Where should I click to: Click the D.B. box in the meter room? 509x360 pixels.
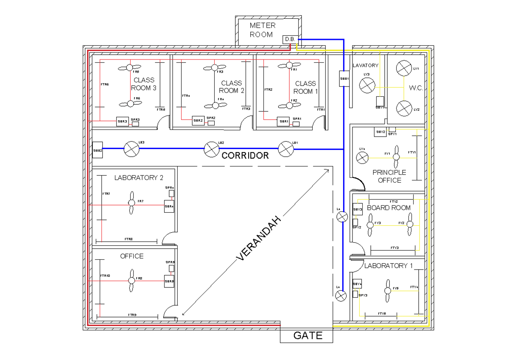click(x=290, y=39)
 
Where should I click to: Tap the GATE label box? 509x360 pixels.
click(x=306, y=336)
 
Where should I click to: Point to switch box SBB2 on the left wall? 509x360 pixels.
click(x=98, y=150)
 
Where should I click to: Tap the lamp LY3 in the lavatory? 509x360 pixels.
click(x=366, y=85)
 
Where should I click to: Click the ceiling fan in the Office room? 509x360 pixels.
click(x=131, y=281)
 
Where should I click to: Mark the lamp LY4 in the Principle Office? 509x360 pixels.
click(x=362, y=158)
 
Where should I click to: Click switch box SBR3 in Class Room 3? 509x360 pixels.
click(x=122, y=121)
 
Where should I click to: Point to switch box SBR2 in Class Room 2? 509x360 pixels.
click(x=198, y=121)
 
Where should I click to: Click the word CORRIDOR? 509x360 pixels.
click(x=245, y=155)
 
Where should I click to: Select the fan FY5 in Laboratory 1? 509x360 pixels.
click(x=387, y=290)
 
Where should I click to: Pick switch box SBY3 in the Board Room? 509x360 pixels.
click(x=358, y=209)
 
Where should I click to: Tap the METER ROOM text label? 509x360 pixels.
click(x=262, y=30)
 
